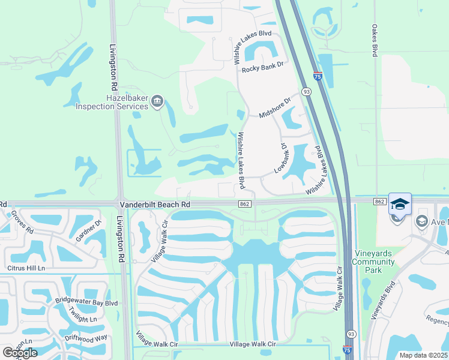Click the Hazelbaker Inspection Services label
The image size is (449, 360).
(112, 101)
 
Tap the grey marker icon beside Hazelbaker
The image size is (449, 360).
(157, 101)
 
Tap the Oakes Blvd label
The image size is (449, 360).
(374, 41)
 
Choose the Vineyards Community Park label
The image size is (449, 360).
(373, 262)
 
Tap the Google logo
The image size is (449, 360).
(20, 353)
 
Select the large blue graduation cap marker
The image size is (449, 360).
(400, 204)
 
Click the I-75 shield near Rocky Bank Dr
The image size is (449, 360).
(317, 77)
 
